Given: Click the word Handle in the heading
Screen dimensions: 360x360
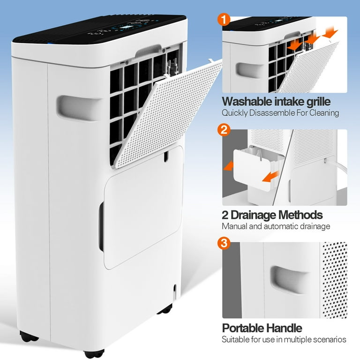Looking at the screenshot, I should [x=284, y=328].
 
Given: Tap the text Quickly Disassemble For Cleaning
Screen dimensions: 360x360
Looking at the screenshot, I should [x=280, y=112].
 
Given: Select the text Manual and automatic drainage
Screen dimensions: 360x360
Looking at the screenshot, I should [x=276, y=226].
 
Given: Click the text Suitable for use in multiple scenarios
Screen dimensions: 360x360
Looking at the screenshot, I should [x=284, y=339].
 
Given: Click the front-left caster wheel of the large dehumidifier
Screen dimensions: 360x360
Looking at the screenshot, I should [x=26, y=336].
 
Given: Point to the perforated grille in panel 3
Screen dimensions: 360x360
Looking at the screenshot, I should [x=334, y=279].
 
